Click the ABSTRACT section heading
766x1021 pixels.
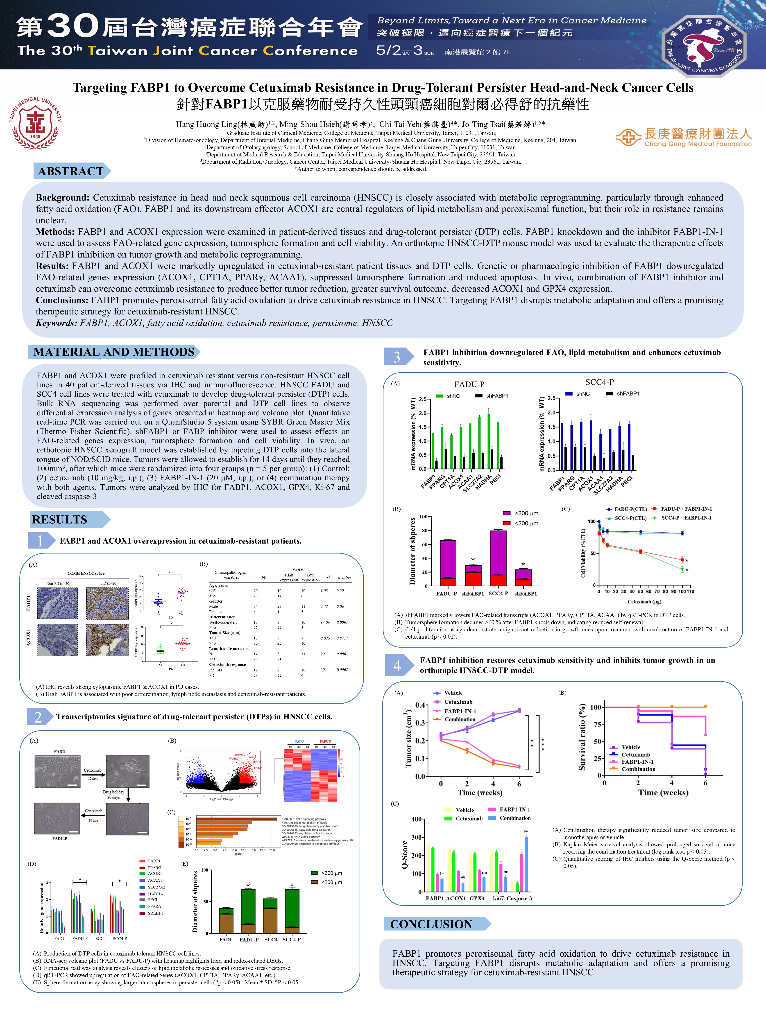[71, 171]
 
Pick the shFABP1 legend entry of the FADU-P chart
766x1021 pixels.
[496, 395]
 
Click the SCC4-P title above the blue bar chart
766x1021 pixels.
[599, 382]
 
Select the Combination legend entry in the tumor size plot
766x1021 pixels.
[459, 719]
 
